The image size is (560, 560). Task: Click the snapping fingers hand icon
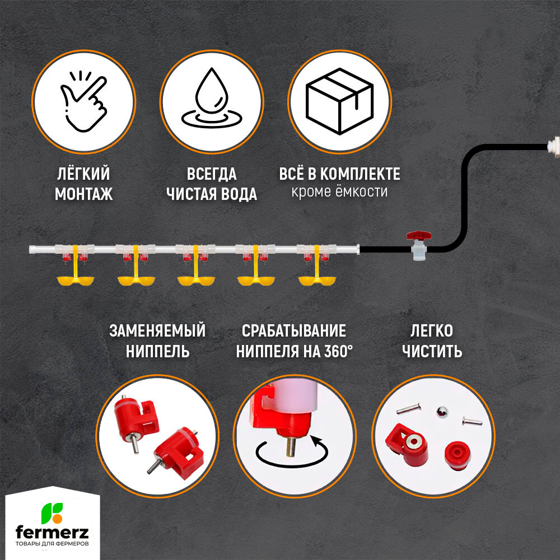click(84, 102)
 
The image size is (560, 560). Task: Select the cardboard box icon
click(340, 101)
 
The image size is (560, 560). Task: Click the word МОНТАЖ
click(84, 194)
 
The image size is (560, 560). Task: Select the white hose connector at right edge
click(553, 146)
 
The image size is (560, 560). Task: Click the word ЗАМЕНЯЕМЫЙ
click(157, 331)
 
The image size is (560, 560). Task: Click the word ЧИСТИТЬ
click(435, 352)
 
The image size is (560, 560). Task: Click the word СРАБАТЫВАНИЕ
click(293, 331)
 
